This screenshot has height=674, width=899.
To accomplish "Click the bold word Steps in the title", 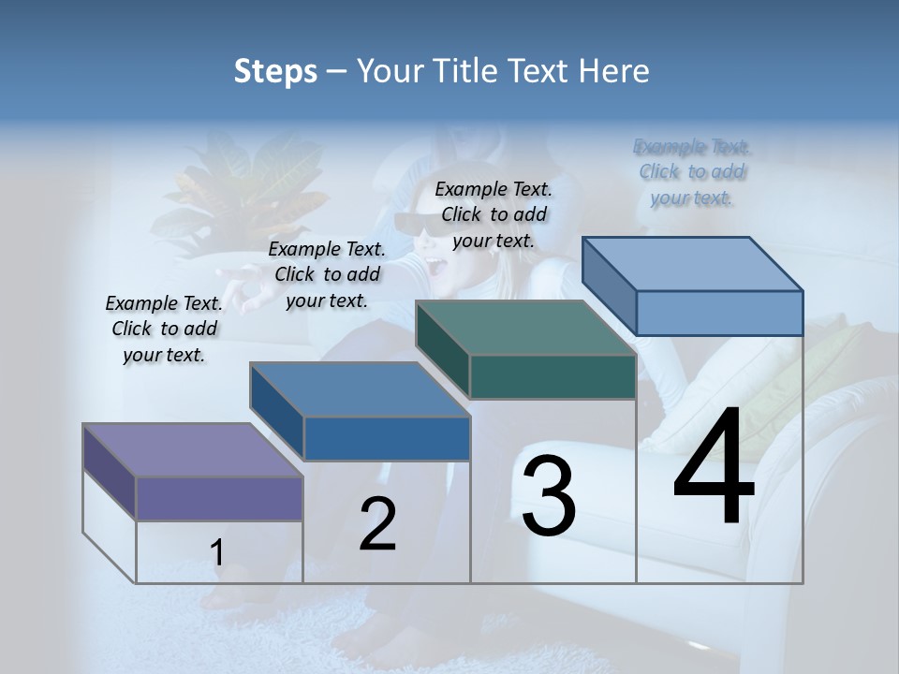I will click(x=275, y=71).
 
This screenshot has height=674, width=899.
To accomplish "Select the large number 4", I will click(x=714, y=467).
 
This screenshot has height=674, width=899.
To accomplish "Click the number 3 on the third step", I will click(x=548, y=495).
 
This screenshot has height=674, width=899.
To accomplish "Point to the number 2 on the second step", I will click(x=377, y=524).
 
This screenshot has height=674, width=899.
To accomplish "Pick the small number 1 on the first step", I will click(x=217, y=553).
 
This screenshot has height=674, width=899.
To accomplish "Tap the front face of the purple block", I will click(x=219, y=498).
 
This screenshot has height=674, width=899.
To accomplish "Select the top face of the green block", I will click(x=525, y=328).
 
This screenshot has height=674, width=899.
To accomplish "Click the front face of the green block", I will click(x=553, y=376).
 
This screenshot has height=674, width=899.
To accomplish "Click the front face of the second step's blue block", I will click(x=387, y=438).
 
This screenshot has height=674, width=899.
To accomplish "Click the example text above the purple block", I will click(x=165, y=330).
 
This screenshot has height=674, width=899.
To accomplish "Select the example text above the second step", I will click(x=327, y=274).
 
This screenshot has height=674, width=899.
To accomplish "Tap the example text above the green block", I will click(x=494, y=214).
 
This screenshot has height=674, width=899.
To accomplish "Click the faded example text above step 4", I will click(x=692, y=172).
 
